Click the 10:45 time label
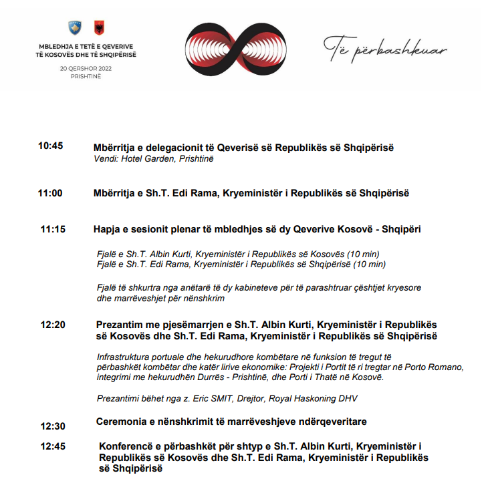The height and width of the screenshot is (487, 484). (50, 146)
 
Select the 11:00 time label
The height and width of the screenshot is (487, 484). (50, 193)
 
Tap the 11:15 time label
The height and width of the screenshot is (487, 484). (53, 229)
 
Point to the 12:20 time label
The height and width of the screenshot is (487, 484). (53, 325)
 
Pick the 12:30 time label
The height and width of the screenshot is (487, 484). (53, 426)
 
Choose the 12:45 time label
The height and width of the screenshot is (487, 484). (53, 446)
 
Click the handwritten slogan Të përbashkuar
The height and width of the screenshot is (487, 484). (385, 47)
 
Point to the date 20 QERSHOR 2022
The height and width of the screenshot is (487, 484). (85, 68)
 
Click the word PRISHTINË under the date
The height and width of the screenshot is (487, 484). (85, 76)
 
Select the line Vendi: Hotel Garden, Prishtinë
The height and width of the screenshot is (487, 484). (153, 159)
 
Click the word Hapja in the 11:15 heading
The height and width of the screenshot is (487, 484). (108, 229)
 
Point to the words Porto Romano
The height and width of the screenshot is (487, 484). (435, 367)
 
